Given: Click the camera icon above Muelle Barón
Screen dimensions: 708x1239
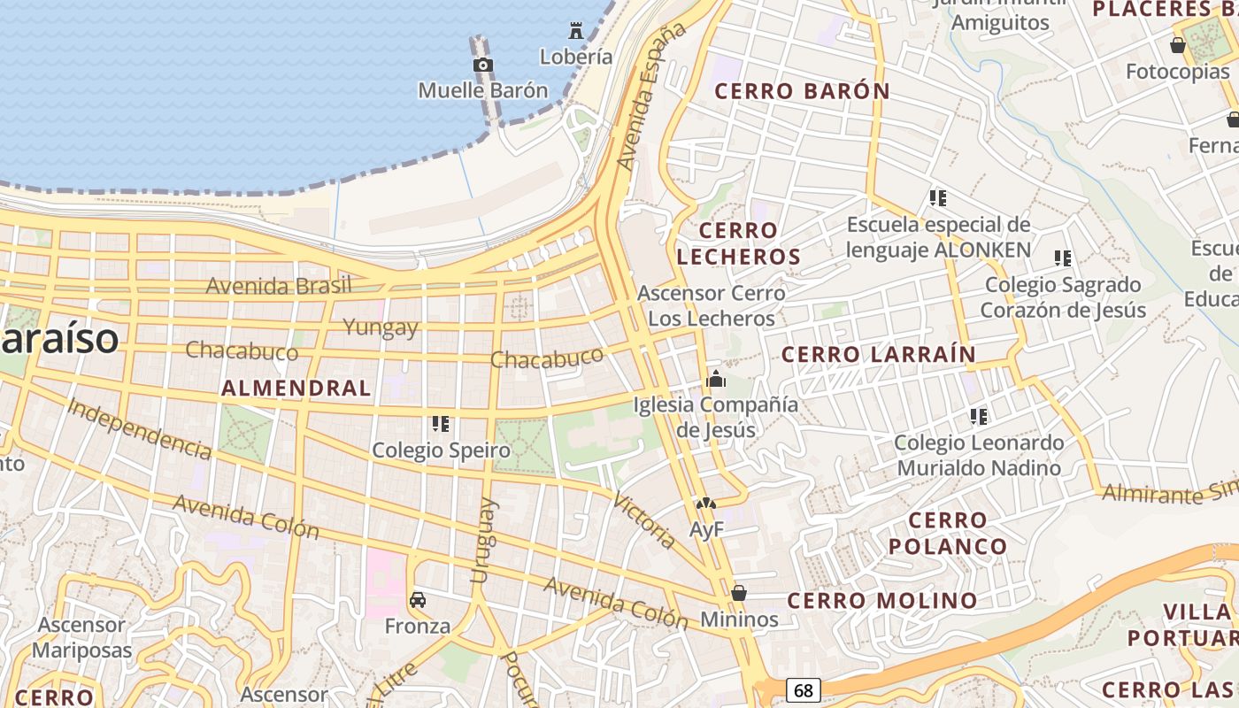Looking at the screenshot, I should point(483,65).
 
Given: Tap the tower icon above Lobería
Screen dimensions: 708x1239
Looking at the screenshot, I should point(576,31).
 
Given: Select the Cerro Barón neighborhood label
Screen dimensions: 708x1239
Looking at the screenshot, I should point(802,91).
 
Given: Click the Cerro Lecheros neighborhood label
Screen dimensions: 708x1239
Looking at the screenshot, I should point(750,243).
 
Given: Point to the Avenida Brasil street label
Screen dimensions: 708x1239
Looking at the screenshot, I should point(279,286).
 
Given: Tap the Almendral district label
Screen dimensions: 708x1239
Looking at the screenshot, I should point(296,388).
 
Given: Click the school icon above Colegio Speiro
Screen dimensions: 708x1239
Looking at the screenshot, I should point(441,424).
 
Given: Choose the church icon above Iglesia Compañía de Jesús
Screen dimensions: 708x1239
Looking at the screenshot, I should point(716,380).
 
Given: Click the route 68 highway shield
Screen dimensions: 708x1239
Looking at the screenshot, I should point(803,689).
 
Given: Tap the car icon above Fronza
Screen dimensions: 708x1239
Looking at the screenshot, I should point(418,600).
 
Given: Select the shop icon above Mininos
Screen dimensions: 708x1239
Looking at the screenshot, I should point(739,593).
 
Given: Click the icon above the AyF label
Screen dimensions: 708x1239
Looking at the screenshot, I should point(705,504).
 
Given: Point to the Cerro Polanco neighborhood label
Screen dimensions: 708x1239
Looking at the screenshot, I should point(948,533).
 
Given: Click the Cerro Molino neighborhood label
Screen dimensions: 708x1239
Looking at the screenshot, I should point(882,601).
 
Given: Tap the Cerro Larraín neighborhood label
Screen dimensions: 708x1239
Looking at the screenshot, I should point(878,355).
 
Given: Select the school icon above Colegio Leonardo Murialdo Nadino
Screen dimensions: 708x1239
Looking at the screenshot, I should point(978,416).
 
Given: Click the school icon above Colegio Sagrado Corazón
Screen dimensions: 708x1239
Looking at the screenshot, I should point(1063,258).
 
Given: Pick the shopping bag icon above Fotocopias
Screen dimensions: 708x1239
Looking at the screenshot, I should point(1178,45).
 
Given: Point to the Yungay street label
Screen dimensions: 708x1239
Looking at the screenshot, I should point(381,327).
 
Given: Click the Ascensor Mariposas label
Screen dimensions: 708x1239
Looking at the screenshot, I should point(81,637).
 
